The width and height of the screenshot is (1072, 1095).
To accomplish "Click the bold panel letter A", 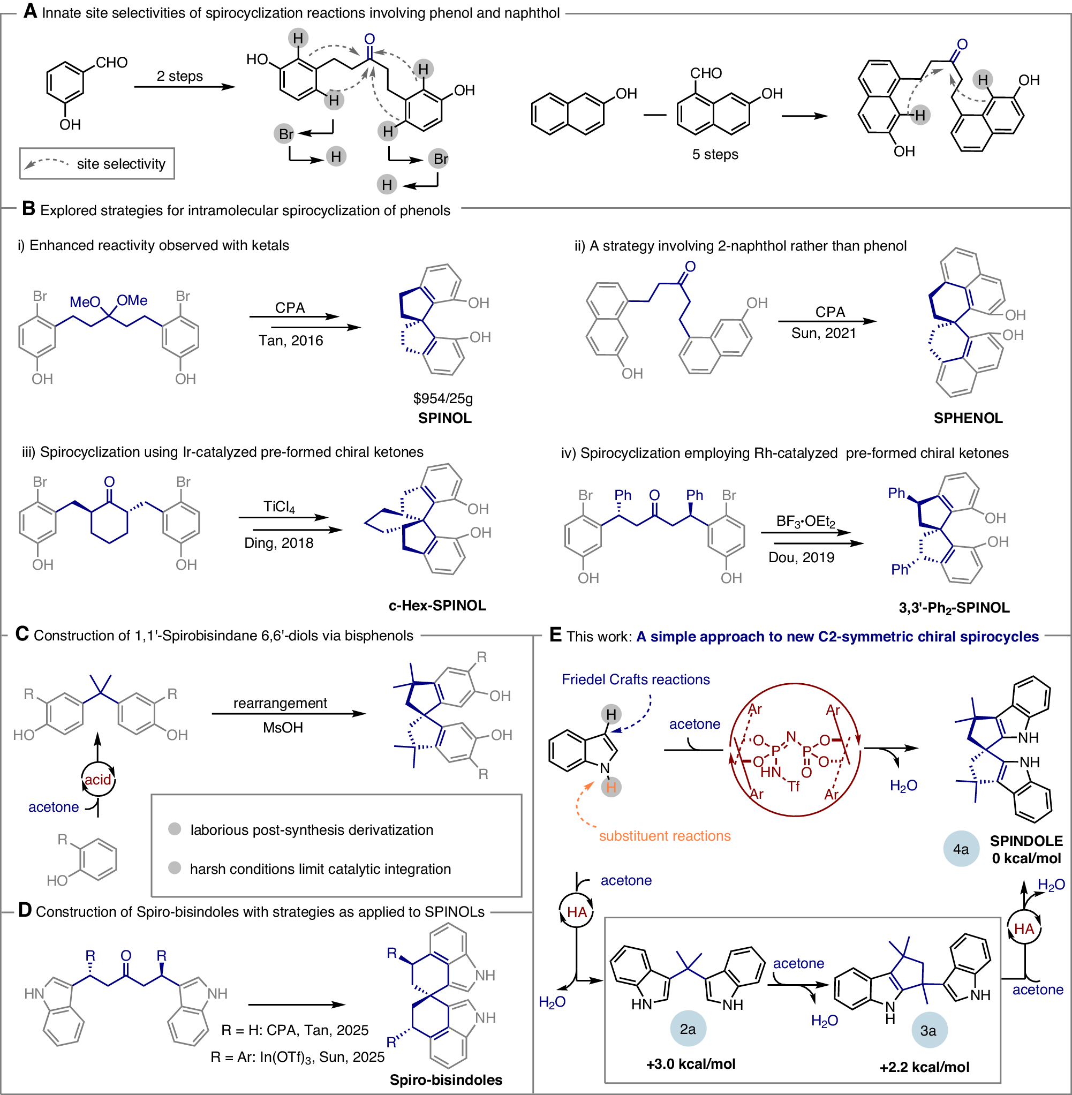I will tap(30, 11).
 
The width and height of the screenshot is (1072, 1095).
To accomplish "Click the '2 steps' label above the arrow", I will tap(179, 76).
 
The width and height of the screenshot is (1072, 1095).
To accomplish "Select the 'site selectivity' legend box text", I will tap(121, 164).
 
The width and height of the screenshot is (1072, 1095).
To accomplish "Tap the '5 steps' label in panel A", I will tap(715, 154).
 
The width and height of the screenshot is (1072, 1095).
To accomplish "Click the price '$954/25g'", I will tap(443, 398).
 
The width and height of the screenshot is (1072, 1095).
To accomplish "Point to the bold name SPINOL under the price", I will tap(445, 418).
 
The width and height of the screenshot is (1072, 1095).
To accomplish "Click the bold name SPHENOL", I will tap(968, 418).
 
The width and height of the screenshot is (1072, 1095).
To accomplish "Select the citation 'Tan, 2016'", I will tap(291, 341).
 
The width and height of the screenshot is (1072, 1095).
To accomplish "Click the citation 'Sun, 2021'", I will tap(823, 333).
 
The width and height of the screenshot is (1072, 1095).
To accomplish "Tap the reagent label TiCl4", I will tap(280, 507).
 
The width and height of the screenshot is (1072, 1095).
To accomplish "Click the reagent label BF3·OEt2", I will tap(805, 522).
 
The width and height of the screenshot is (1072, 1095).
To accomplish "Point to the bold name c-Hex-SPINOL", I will tap(437, 606).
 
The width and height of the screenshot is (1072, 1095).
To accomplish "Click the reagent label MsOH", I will tap(283, 728).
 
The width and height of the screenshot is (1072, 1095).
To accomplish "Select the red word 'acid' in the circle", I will tap(98, 780).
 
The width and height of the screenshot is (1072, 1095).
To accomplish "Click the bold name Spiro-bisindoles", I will tap(446, 1080).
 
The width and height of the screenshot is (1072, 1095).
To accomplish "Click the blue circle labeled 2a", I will tap(688, 1029).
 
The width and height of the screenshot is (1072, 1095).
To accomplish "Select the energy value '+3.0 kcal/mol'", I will tap(691, 1064).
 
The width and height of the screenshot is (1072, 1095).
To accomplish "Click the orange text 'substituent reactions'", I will tap(665, 836).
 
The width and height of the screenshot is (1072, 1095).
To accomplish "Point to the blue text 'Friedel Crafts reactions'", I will tap(636, 679).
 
